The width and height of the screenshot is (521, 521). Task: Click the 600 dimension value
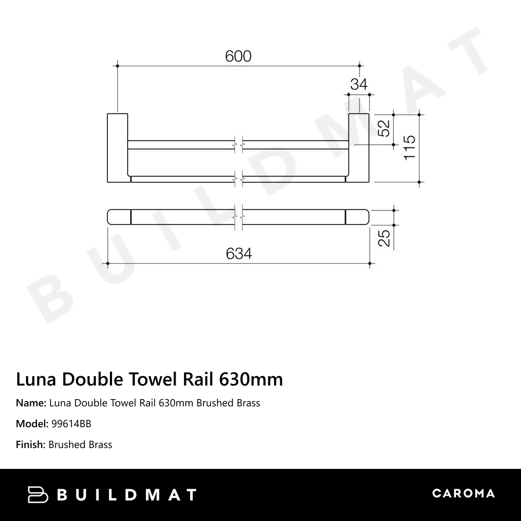tap(238, 56)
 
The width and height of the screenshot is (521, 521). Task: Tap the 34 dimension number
tap(358, 84)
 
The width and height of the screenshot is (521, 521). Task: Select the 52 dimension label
tap(383, 129)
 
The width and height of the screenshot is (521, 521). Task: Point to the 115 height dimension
tap(409, 147)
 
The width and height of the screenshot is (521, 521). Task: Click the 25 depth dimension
tap(384, 238)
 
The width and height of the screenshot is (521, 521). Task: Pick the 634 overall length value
tap(239, 254)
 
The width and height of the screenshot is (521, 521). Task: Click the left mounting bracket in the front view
tap(117, 147)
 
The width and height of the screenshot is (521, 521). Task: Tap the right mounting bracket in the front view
tap(358, 147)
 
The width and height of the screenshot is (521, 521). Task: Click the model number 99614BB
tap(71, 424)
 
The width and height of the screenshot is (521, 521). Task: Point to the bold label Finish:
tap(31, 444)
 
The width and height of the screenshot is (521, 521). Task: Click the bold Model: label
tap(32, 424)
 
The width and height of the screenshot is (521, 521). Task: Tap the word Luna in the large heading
tap(37, 379)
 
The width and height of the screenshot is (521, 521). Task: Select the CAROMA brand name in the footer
tap(463, 493)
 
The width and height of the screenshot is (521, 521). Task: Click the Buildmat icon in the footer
tap(38, 494)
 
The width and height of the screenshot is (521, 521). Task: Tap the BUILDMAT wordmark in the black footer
tap(127, 494)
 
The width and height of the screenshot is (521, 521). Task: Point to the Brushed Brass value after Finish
tap(80, 444)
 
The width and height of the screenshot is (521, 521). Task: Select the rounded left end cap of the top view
tap(119, 216)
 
